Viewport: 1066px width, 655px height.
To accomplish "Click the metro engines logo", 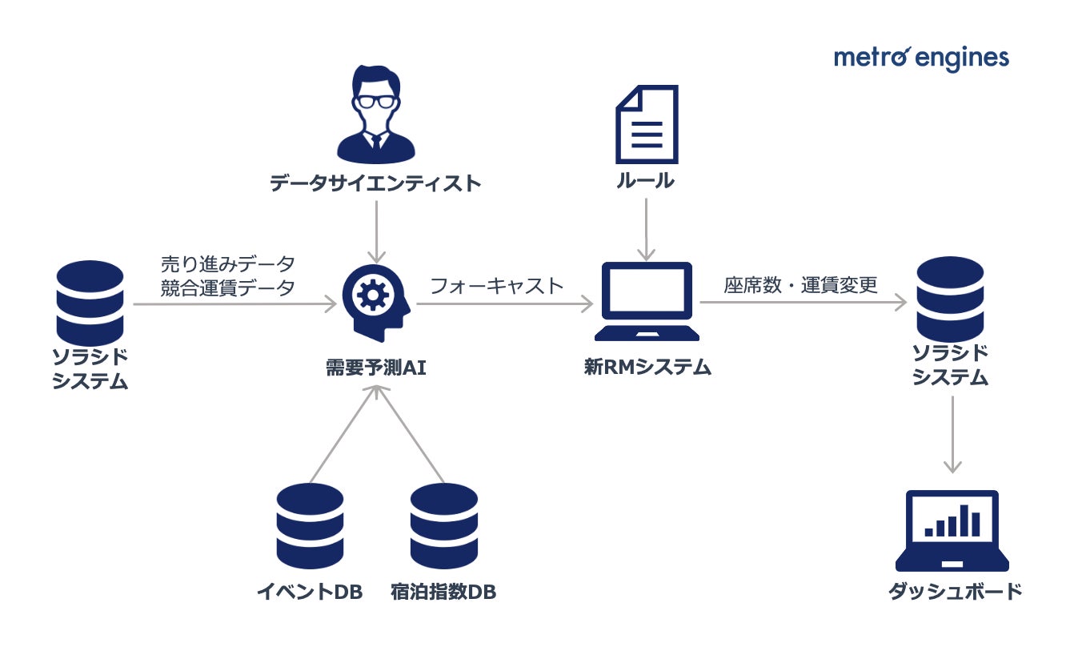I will (921, 58).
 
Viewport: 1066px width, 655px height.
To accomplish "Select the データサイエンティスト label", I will (375, 183).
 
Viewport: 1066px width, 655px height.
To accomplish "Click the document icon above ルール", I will (646, 125).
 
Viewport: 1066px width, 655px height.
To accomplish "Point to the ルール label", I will (645, 181).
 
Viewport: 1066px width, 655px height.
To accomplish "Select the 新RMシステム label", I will (647, 368).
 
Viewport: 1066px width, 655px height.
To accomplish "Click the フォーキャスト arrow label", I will (497, 286).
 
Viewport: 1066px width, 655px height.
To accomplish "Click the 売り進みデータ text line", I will (226, 263).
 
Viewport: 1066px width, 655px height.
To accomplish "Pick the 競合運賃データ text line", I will (226, 287).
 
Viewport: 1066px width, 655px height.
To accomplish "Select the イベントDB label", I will (310, 593).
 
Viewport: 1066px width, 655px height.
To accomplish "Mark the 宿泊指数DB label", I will (443, 593).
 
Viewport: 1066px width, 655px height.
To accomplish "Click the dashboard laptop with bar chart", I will (952, 529).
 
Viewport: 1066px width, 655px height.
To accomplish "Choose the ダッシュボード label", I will (955, 592).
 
